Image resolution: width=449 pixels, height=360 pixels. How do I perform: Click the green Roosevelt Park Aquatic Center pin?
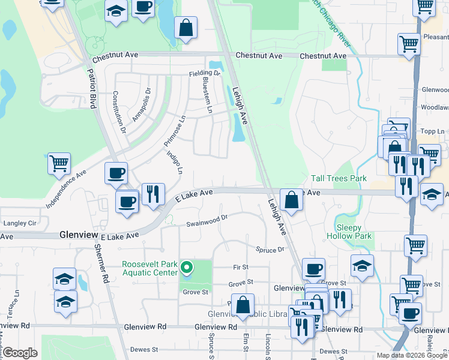tap(187, 268)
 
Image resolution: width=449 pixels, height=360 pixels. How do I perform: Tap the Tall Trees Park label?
tap(339, 179)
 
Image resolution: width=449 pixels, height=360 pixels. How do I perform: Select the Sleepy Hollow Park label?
tap(349, 232)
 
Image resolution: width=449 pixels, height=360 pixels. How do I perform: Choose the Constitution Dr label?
tap(118, 112)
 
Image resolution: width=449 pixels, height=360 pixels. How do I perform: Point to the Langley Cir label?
tap(20, 223)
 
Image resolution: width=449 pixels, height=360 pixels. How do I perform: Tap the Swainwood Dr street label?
tap(207, 221)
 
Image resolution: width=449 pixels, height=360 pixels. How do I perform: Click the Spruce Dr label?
tap(269, 248)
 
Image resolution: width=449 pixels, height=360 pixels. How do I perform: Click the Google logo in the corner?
tap(20, 353)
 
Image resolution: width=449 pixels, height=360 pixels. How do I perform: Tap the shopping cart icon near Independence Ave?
tap(59, 163)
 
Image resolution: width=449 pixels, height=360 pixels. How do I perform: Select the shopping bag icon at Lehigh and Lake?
tap(291, 200)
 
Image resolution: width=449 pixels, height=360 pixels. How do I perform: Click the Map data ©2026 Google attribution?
tap(411, 355)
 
